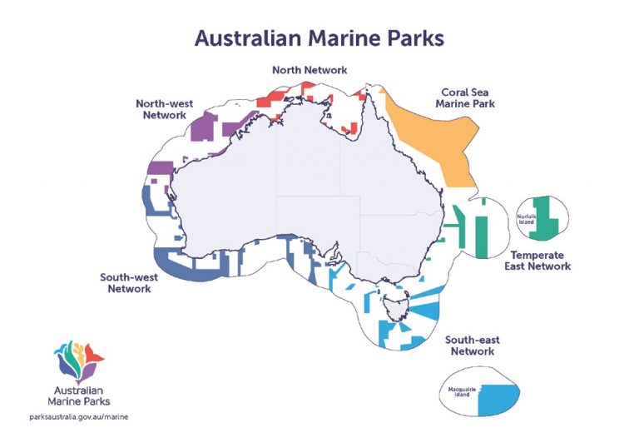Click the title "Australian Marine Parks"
319,37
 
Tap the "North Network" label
310,70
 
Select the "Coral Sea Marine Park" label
466,98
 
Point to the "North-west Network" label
164,109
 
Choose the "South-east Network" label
472,346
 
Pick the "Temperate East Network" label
537,261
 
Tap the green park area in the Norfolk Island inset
545,215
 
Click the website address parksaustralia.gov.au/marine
78,415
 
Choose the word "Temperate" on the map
537,255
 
